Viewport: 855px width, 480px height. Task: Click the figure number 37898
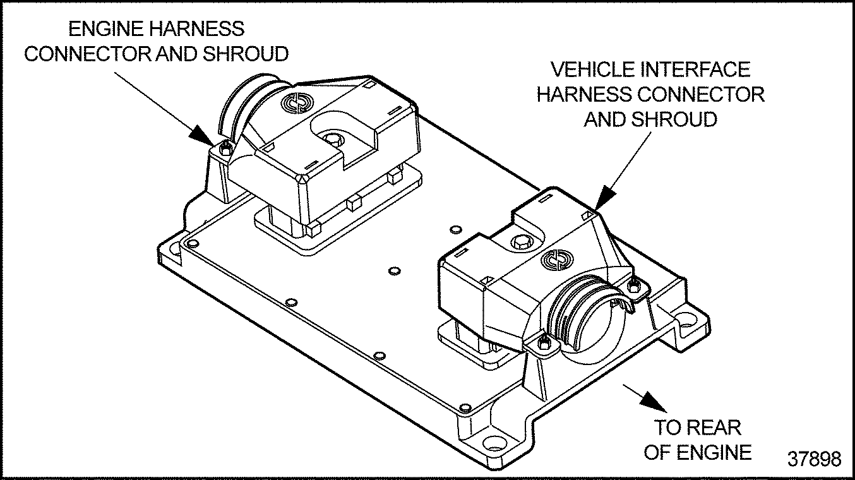click(814, 459)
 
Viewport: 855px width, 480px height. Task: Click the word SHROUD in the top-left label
click(246, 54)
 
